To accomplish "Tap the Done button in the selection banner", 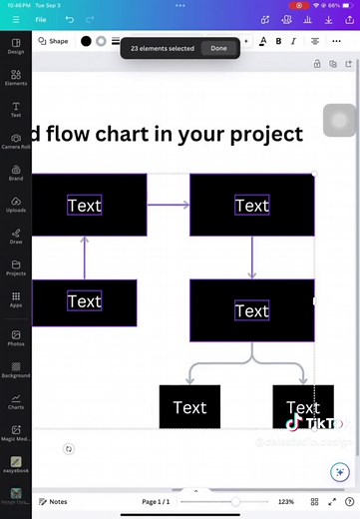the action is [x=218, y=48].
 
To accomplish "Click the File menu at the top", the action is [x=41, y=19].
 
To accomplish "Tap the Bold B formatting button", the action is [x=278, y=41].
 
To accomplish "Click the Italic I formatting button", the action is [x=294, y=41].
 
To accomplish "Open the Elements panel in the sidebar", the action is [x=16, y=77].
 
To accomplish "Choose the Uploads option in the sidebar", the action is [x=16, y=205].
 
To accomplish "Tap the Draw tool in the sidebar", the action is [x=16, y=237].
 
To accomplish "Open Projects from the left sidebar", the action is [x=16, y=267].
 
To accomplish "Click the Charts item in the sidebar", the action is [x=16, y=401].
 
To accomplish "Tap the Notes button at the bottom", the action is [x=53, y=501].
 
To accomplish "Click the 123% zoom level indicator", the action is [x=286, y=501].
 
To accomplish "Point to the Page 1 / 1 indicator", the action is [x=157, y=501].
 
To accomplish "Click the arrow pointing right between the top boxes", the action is [x=168, y=206].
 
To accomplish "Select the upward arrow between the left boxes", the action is [x=85, y=258].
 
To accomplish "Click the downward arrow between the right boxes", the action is [x=252, y=258].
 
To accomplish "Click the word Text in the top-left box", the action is [x=85, y=206].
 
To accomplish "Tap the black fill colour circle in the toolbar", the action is [x=86, y=41].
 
